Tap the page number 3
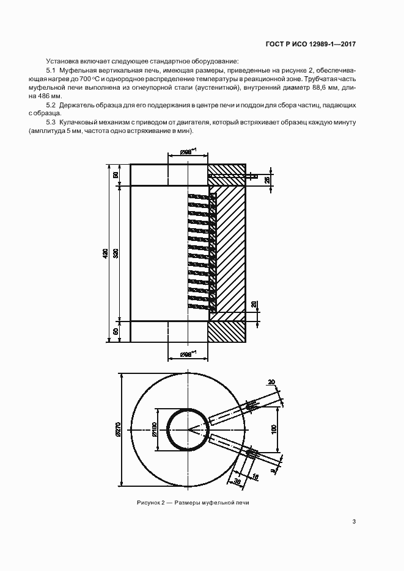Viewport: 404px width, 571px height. (354, 522)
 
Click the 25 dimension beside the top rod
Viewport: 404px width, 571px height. (268, 180)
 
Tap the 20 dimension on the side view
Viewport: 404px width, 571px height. (254, 305)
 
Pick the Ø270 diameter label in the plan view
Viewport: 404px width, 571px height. (118, 429)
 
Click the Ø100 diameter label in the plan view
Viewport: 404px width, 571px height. (154, 429)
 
